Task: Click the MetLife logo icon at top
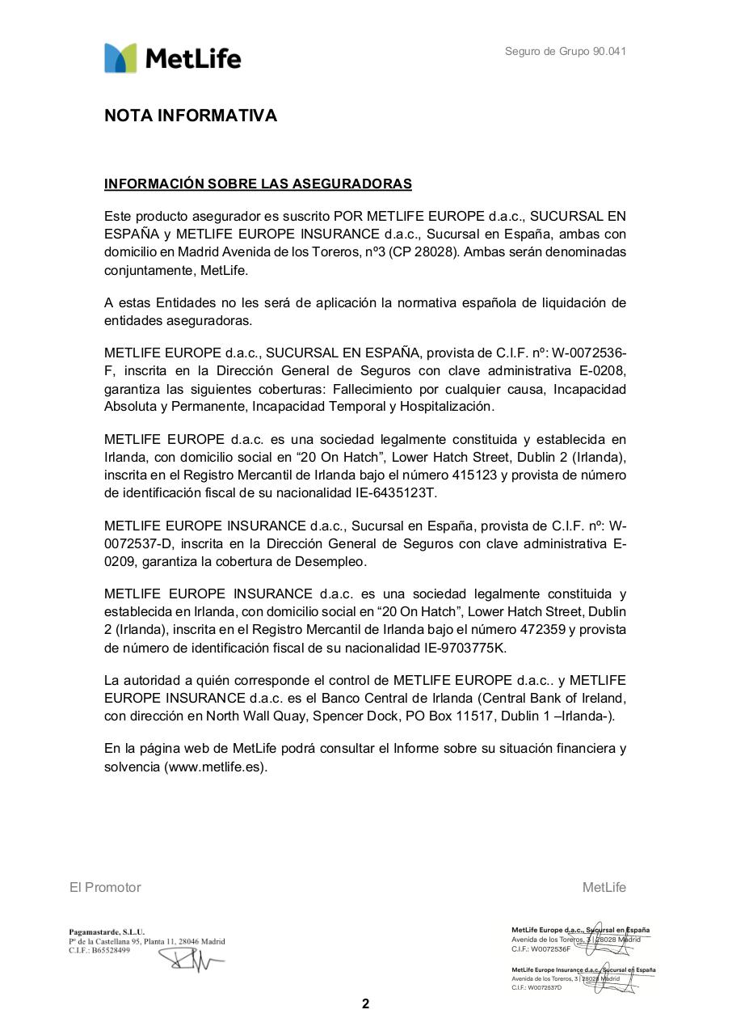point(120,58)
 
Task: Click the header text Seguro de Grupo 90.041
point(565,52)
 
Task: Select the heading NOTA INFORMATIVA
point(191,116)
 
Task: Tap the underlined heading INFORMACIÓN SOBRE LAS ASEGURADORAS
point(258,184)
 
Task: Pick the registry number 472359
point(526,629)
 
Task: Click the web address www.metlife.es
point(216,767)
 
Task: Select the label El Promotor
point(105,888)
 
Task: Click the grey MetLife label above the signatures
point(604,888)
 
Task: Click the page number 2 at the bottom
point(365,1004)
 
